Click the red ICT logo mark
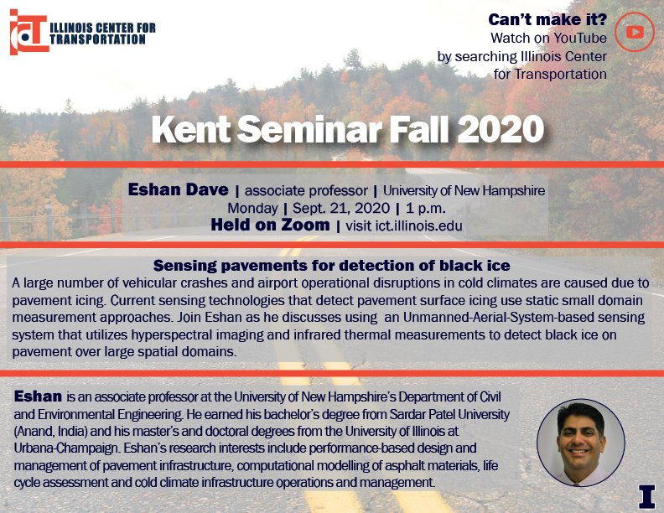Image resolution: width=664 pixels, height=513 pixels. click(x=29, y=32)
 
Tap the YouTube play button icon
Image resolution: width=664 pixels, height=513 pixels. click(x=635, y=32)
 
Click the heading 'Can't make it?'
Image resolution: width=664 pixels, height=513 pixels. click(x=547, y=19)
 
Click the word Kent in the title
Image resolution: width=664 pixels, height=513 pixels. click(x=191, y=129)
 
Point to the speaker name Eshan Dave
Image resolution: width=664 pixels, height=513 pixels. click(x=179, y=189)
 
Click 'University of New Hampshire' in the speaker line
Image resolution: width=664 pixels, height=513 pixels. click(x=464, y=190)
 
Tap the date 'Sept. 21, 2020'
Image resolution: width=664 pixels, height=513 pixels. click(x=341, y=208)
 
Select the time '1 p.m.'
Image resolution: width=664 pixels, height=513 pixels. click(x=426, y=208)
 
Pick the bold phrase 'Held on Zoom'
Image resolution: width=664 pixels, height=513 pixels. click(x=270, y=225)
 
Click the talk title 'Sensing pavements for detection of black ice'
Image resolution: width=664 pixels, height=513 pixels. click(x=331, y=266)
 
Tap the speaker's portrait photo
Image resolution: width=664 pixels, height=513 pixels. click(x=581, y=443)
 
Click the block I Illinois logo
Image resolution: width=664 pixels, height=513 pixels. click(x=646, y=496)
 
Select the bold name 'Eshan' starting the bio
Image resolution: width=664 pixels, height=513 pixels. click(x=38, y=396)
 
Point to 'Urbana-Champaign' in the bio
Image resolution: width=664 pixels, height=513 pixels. click(x=65, y=448)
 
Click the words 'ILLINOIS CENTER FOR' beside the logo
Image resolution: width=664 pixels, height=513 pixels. click(x=103, y=28)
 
